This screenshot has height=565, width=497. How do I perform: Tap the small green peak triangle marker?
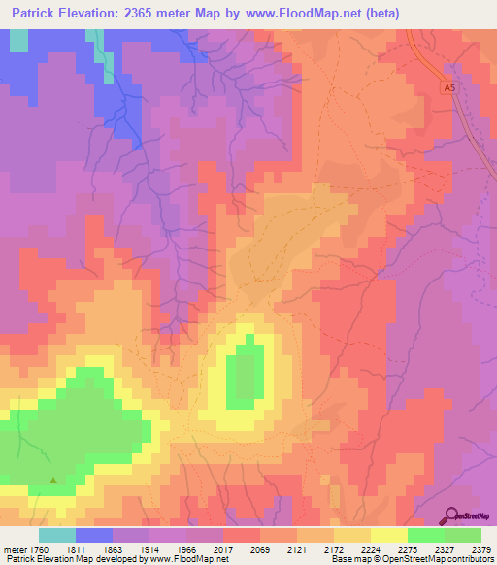pyautogui.click(x=53, y=480)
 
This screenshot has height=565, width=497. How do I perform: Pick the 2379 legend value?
pyautogui.click(x=479, y=548)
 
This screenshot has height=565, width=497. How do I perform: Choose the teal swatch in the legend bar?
pyautogui.click(x=57, y=535)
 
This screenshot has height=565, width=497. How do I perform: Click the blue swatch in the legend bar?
pyautogui.click(x=94, y=535)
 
